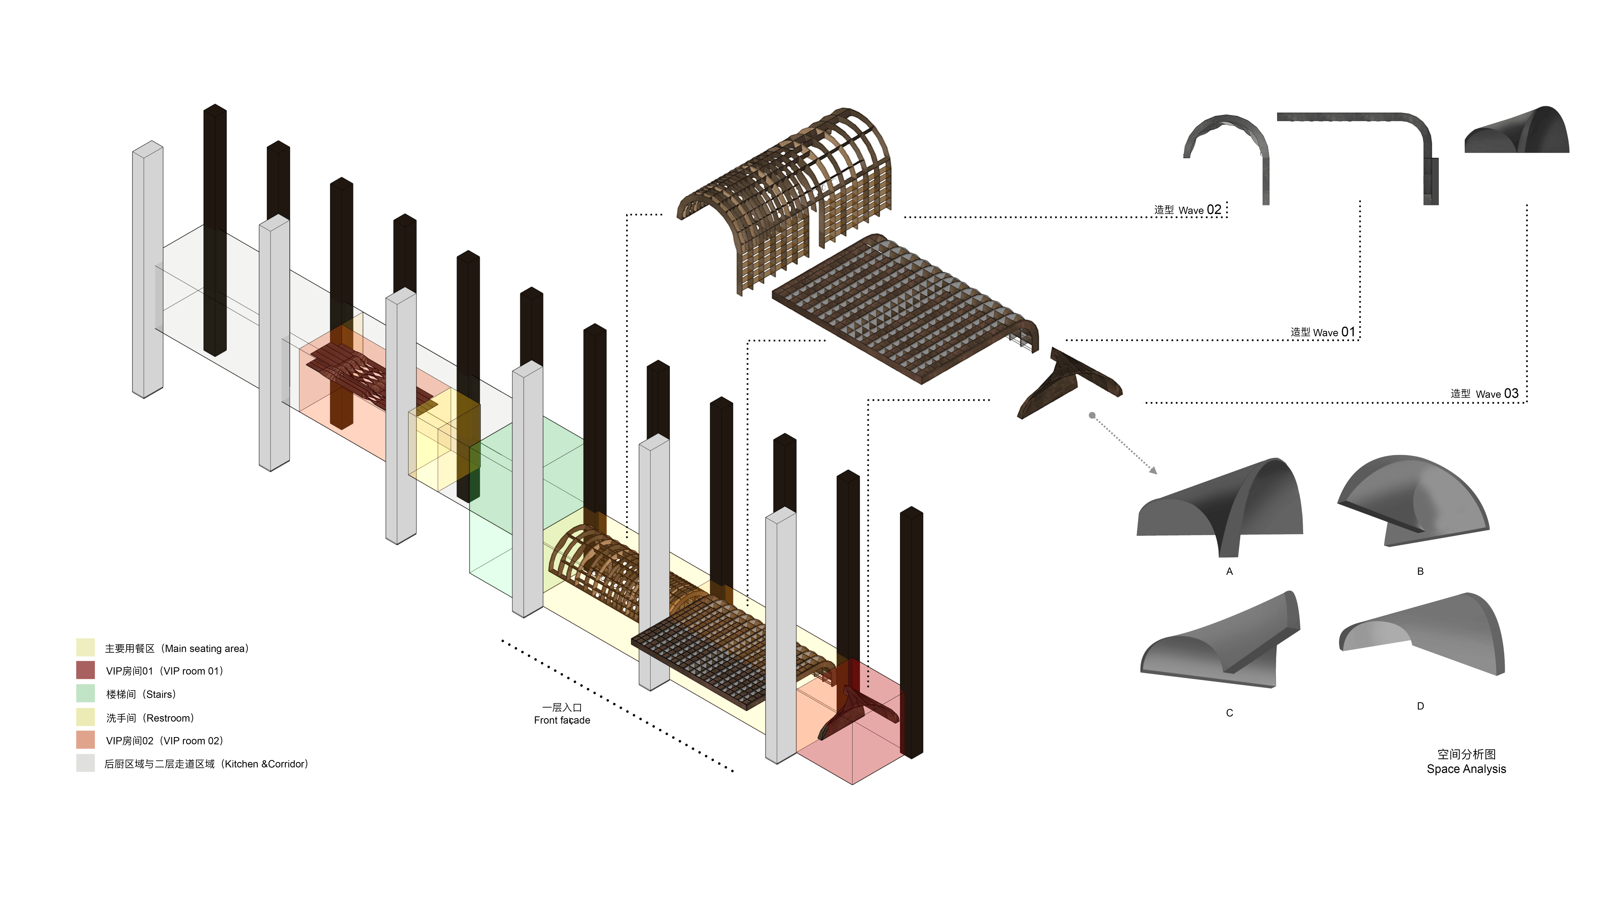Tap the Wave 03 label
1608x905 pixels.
click(x=1484, y=394)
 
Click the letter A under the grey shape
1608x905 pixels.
click(x=1229, y=571)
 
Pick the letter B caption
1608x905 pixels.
click(x=1420, y=571)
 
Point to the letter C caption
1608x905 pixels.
click(x=1229, y=713)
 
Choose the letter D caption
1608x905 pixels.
click(x=1420, y=706)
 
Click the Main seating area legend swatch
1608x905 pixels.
click(x=85, y=647)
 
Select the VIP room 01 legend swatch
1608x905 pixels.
click(x=85, y=670)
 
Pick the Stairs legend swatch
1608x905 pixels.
click(x=85, y=693)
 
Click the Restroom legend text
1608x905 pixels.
click(x=150, y=718)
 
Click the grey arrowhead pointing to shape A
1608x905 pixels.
click(x=1154, y=470)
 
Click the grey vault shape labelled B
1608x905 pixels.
click(x=1414, y=500)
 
